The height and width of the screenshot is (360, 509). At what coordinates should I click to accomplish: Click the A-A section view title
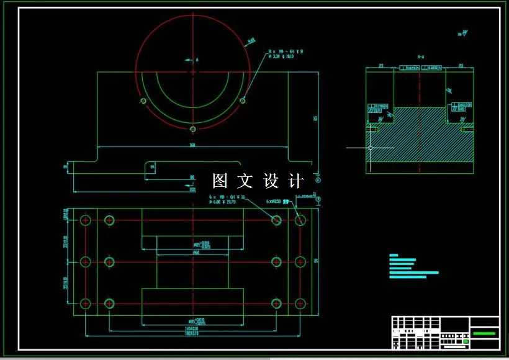pyautogui.click(x=421, y=56)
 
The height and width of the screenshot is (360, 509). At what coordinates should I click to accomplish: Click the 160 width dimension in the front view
pyautogui.click(x=192, y=145)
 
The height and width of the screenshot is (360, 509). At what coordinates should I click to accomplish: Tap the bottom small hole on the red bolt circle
pyautogui.click(x=193, y=129)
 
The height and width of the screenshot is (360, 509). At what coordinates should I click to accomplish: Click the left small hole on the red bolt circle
pyautogui.click(x=143, y=101)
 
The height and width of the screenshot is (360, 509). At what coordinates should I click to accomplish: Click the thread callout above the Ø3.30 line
pyautogui.click(x=285, y=51)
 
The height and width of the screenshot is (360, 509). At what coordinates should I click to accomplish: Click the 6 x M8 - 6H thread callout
pyautogui.click(x=227, y=197)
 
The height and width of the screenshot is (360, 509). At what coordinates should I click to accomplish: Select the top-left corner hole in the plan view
pyautogui.click(x=86, y=220)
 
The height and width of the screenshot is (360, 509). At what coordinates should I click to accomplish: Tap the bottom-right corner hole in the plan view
pyautogui.click(x=300, y=304)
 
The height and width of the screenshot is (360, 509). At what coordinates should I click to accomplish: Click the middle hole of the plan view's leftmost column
pyautogui.click(x=86, y=262)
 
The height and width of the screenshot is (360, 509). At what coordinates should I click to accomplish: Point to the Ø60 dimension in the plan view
pyautogui.click(x=196, y=253)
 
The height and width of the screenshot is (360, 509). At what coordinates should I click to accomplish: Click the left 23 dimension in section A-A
pyautogui.click(x=381, y=65)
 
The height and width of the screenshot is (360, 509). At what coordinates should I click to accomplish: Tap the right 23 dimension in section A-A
pyautogui.click(x=461, y=65)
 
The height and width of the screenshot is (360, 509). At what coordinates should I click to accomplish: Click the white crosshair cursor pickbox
pyautogui.click(x=371, y=148)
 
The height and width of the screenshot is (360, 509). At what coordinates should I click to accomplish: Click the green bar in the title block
pyautogui.click(x=484, y=333)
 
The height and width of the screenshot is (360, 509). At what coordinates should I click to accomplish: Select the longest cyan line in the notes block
pyautogui.click(x=413, y=272)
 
